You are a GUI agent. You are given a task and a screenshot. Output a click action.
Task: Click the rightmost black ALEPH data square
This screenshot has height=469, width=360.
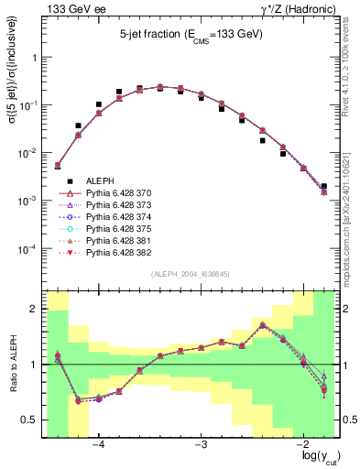coord(323,186)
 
